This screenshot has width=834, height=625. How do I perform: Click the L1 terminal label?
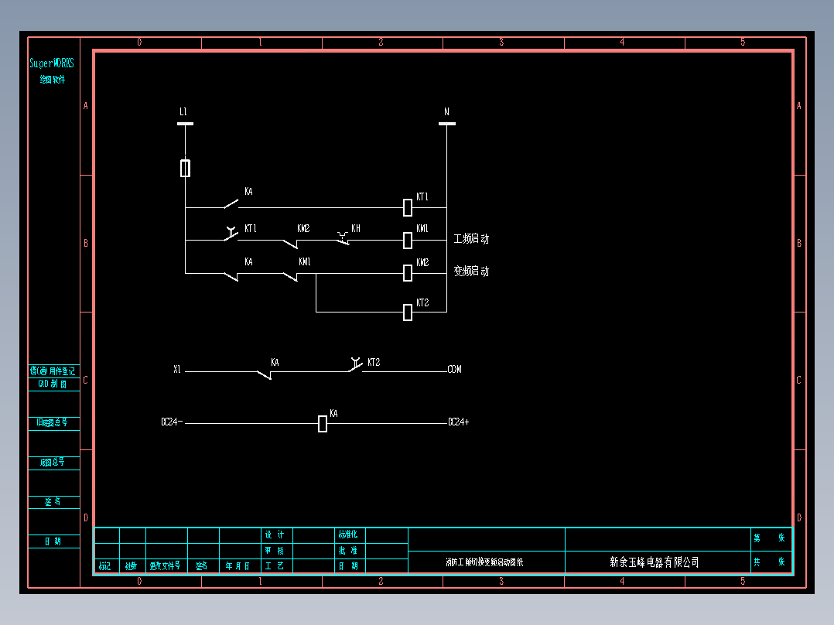(183, 112)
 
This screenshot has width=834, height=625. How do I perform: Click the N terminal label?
(446, 112)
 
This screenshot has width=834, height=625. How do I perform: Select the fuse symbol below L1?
(185, 168)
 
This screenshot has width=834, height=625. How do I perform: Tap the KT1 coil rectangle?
(408, 207)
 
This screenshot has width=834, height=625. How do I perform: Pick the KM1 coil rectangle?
(408, 240)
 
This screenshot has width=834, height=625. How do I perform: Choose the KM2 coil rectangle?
(408, 272)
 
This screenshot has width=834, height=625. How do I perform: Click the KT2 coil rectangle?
(408, 312)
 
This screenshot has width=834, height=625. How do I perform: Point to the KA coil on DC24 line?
(323, 423)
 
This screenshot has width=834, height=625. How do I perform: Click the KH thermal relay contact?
(344, 238)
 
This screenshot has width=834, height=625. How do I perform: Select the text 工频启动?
(471, 239)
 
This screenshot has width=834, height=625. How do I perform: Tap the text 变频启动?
(471, 272)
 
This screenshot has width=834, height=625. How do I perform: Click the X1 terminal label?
(177, 370)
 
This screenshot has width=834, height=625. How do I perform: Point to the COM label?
(455, 370)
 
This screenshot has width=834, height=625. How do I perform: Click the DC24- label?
(172, 422)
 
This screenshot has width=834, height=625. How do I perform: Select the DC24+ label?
(459, 422)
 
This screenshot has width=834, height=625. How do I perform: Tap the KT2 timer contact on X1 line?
(355, 367)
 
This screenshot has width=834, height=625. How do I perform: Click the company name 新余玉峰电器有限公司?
(654, 562)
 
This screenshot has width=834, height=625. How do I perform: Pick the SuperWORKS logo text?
(52, 63)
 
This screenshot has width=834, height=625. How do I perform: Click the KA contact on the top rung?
(231, 204)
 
